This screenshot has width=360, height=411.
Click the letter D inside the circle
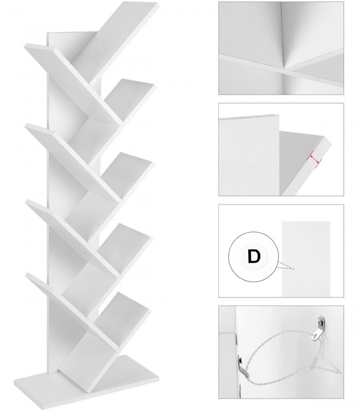click(254, 255)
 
